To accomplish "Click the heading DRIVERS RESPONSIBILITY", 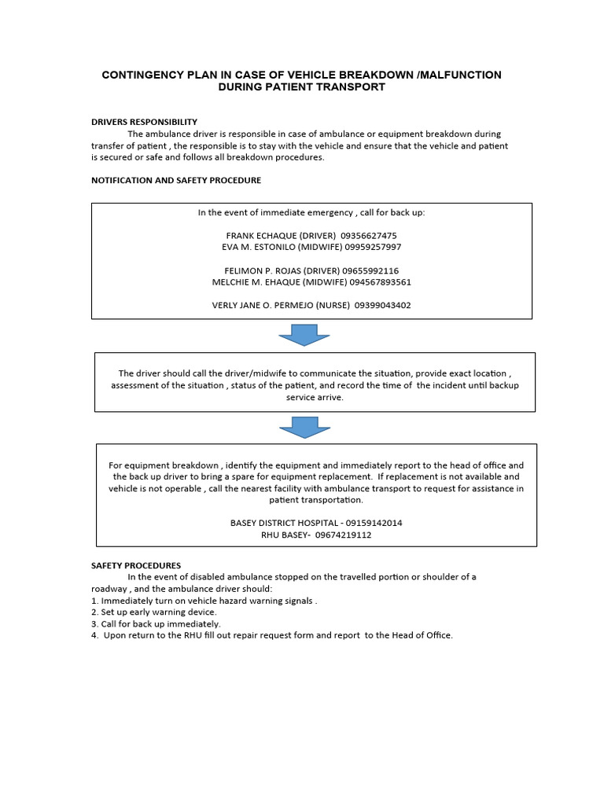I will pyautogui.click(x=144, y=122).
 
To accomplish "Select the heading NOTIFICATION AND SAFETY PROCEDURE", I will pyautogui.click(x=176, y=180).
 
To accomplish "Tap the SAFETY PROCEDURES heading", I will pyautogui.click(x=136, y=565).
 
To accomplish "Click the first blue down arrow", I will pyautogui.click(x=304, y=338).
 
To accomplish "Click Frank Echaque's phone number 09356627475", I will pyautogui.click(x=369, y=236).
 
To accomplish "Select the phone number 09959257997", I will pyautogui.click(x=373, y=247).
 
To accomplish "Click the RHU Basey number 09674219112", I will pyautogui.click(x=343, y=535).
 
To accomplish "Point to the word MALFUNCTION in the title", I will pyautogui.click(x=461, y=75).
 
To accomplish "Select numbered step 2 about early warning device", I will pyautogui.click(x=154, y=612).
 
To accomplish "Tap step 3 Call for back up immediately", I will pyautogui.click(x=156, y=623).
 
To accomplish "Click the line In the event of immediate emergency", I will pyautogui.click(x=311, y=213).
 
